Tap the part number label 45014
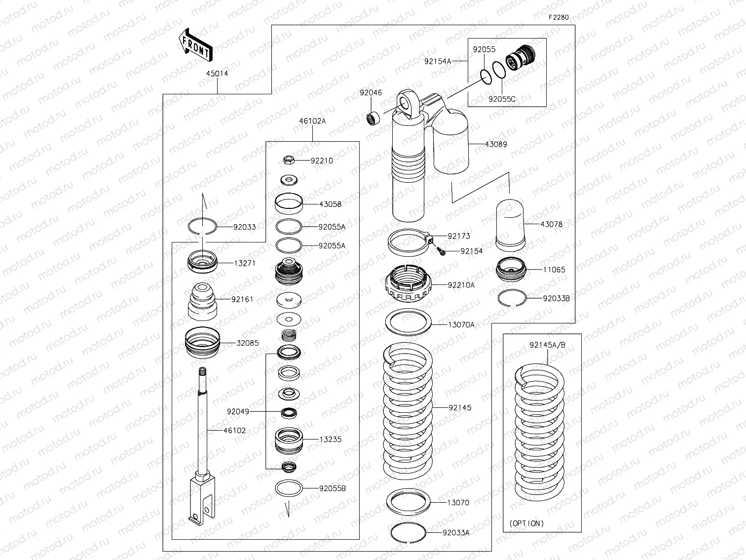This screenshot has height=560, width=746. click(x=217, y=74)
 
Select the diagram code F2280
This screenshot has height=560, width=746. click(x=559, y=17)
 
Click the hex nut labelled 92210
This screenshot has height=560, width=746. click(x=289, y=160)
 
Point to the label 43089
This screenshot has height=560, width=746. click(x=496, y=144)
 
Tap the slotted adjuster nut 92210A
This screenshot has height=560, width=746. click(x=409, y=285)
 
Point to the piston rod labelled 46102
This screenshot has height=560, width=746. click(x=201, y=430)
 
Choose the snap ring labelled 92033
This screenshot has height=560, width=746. click(x=202, y=227)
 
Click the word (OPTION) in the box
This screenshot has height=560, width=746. click(x=526, y=523)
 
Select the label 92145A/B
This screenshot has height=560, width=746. click(x=547, y=345)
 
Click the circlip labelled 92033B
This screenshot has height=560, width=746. click(x=512, y=298)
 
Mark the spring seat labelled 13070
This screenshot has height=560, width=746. click(x=408, y=502)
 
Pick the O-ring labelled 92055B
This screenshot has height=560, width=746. click(x=289, y=488)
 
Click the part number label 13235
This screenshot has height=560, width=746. click(x=330, y=439)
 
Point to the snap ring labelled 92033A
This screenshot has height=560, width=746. click(x=408, y=532)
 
